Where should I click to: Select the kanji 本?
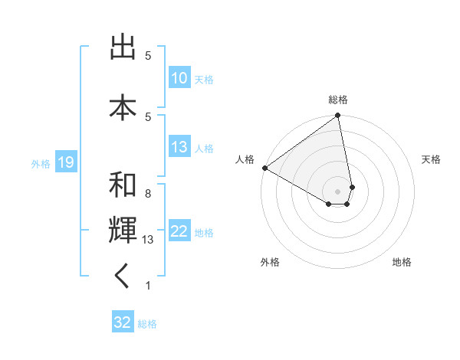123,106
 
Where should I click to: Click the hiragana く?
123,278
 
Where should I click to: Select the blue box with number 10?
179,78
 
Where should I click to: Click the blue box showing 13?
179,148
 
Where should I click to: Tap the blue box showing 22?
179,232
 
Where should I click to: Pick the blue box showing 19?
65,162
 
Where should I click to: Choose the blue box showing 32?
123,322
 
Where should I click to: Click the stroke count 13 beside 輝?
148,240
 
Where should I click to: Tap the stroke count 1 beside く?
148,286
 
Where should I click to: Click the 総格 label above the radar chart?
338,100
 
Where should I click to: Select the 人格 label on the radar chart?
245,159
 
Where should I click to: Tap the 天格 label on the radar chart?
431,159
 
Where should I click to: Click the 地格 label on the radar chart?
402,262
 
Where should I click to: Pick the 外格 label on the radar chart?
270,262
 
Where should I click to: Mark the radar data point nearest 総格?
337,116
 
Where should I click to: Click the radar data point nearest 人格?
264,168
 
